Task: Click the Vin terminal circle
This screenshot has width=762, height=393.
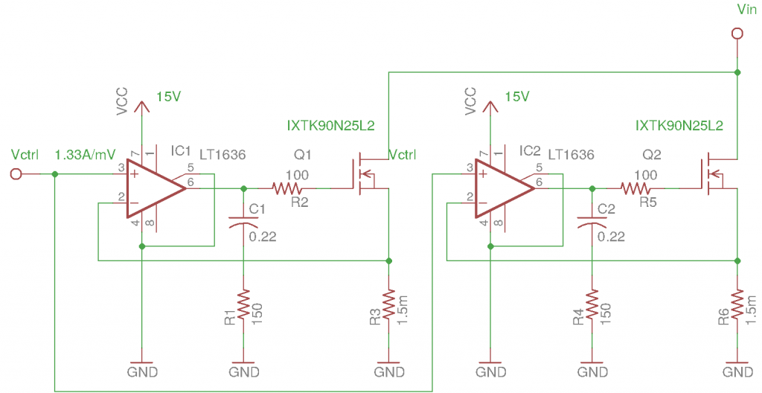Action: (x=737, y=33)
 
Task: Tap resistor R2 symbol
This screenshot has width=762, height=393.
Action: (x=287, y=189)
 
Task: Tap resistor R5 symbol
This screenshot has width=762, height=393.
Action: (x=635, y=189)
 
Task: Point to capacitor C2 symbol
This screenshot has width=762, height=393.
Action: (x=592, y=223)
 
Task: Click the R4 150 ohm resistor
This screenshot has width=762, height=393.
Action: (x=592, y=305)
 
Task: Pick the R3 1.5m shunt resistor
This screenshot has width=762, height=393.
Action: (x=388, y=305)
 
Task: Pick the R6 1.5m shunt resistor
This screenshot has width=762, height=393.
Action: (x=737, y=305)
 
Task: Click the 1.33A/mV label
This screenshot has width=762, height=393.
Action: (x=86, y=155)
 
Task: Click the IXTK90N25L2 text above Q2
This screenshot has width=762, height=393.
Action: (x=679, y=126)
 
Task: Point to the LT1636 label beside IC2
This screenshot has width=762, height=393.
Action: (x=571, y=155)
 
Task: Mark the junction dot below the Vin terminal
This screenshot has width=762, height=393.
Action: (x=737, y=72)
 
